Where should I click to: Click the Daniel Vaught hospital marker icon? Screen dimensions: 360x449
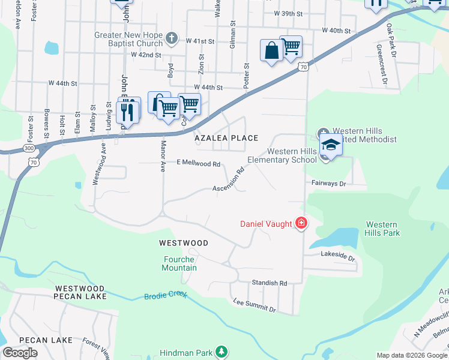click(301, 224)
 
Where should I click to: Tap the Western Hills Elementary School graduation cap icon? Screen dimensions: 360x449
click(331, 145)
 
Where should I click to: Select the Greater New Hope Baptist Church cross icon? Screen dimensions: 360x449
click(172, 38)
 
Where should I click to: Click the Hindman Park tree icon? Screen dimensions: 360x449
click(222, 351)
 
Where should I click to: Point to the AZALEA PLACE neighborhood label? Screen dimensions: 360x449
click(226, 138)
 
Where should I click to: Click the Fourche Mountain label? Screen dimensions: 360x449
click(179, 263)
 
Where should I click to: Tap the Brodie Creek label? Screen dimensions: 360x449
click(166, 295)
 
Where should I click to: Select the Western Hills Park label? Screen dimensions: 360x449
click(382, 229)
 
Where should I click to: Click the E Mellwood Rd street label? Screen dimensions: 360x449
click(199, 163)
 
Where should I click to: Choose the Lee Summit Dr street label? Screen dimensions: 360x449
click(254, 305)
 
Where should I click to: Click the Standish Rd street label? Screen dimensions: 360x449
click(270, 283)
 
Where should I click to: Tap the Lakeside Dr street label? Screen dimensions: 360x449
click(338, 257)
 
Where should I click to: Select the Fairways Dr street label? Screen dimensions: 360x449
click(328, 183)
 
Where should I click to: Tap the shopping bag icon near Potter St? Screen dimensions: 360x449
click(271, 50)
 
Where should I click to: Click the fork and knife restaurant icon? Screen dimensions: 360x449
click(127, 111)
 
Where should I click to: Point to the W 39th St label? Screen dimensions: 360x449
click(290, 13)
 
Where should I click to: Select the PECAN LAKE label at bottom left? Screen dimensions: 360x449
click(46, 340)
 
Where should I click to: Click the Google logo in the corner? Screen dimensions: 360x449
click(20, 353)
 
